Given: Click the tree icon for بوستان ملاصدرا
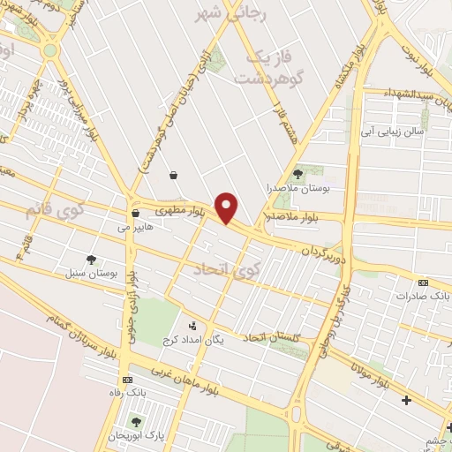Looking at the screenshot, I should point(298,174).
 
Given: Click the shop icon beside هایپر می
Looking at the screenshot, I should point(135,213).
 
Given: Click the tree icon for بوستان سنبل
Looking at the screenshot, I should point(91,259).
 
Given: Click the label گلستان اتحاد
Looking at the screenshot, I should point(272,338).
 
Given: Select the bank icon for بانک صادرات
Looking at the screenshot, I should point(423,282).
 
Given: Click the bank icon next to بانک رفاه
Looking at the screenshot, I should point(129,379).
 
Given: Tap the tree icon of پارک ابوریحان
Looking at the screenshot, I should point(136,422).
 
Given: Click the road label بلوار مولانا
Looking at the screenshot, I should point(369,371).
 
